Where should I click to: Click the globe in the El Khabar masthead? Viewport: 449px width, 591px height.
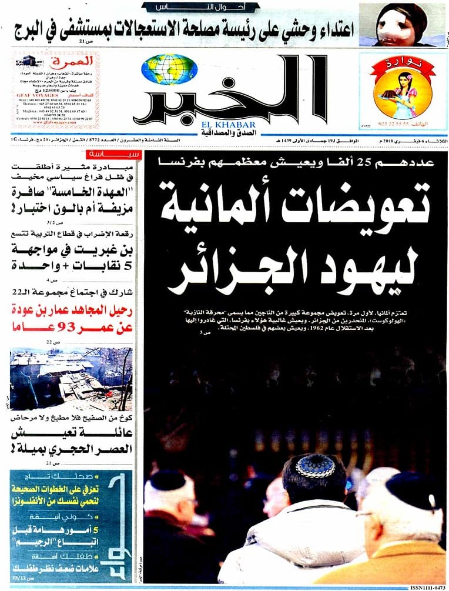tap(169, 69)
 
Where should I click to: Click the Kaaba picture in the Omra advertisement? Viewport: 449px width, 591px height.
tap(25, 61)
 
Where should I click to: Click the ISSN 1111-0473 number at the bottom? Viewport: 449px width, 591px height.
tap(426, 587)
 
